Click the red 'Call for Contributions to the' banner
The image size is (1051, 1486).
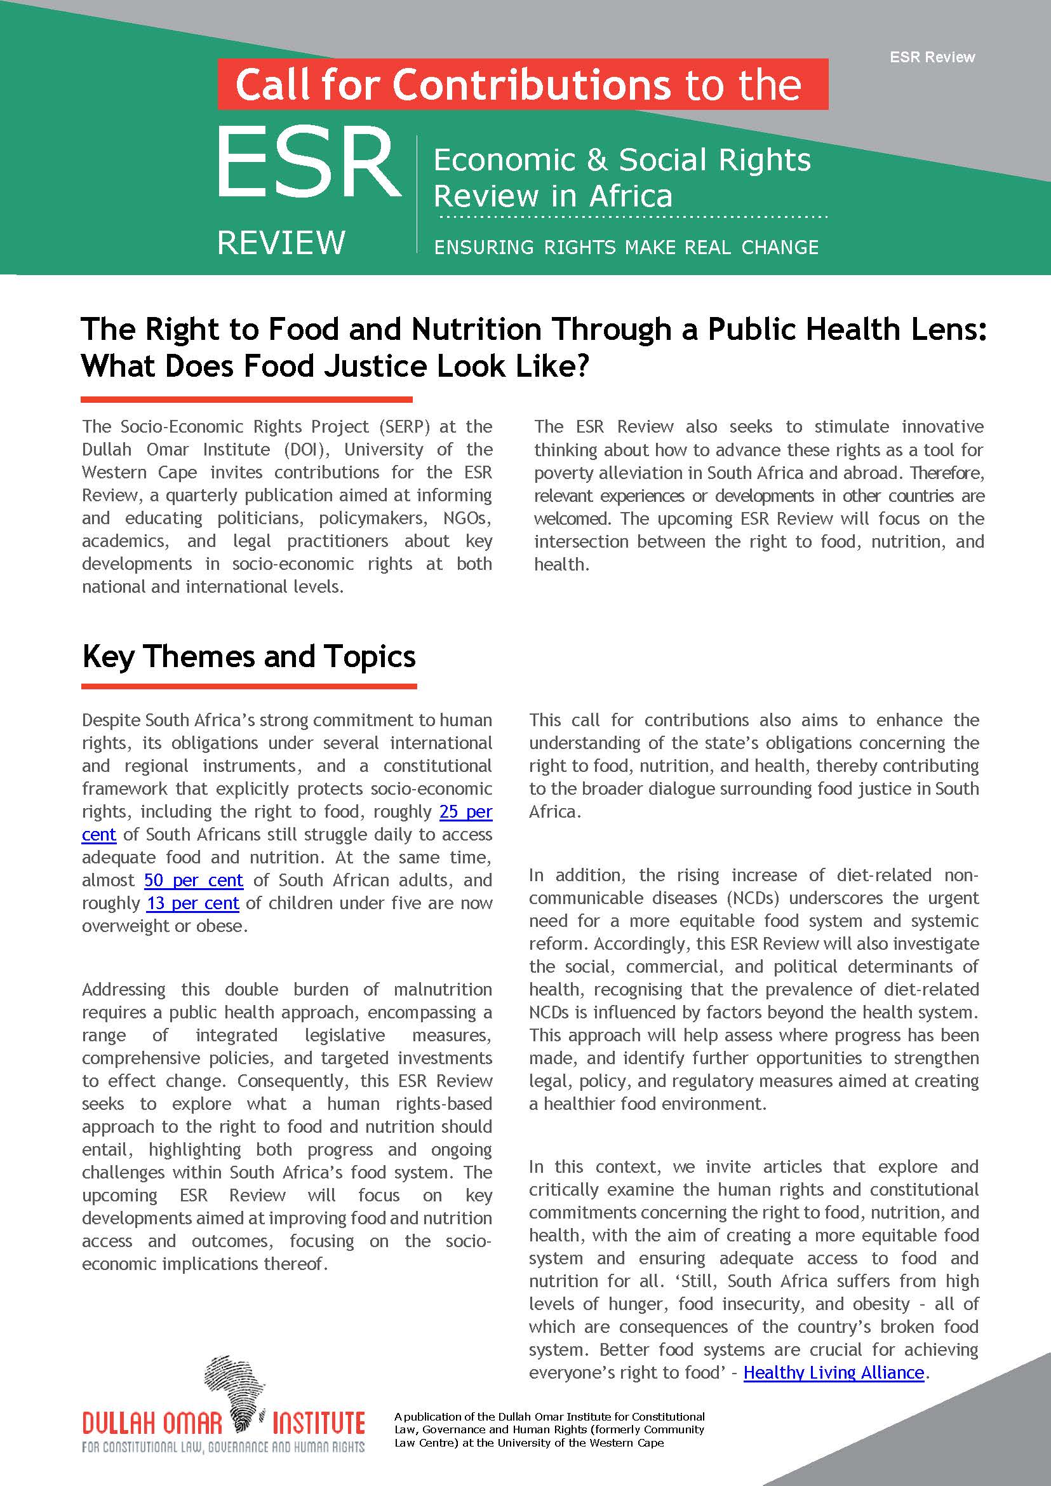coord(522,84)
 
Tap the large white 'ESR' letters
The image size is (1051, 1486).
coord(308,164)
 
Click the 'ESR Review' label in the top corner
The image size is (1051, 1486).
coord(931,57)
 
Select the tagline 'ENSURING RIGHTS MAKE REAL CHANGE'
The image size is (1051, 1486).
coord(626,247)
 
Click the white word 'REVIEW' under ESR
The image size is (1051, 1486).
coord(281,243)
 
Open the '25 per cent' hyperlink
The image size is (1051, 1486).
coord(465,812)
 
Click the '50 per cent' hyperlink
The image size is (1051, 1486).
coord(194,881)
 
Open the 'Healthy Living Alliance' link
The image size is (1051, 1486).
coord(833,1373)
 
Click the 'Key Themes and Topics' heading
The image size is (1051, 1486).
coord(248,656)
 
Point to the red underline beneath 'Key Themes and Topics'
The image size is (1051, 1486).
coord(248,686)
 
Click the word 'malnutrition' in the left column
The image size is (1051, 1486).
coord(442,989)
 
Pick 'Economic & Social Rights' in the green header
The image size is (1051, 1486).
coord(621,160)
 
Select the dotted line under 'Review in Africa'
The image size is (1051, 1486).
coord(631,216)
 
